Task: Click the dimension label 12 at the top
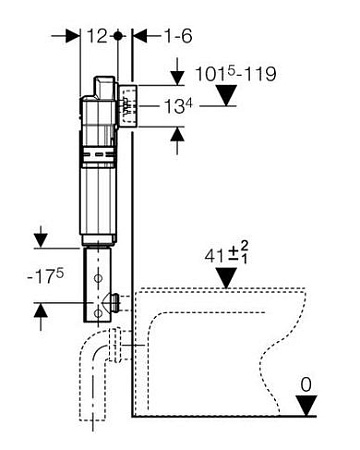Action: pyautogui.click(x=97, y=36)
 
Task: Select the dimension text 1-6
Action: pyautogui.click(x=178, y=36)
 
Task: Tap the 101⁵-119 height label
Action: pyautogui.click(x=235, y=74)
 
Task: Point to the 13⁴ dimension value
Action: pyautogui.click(x=178, y=107)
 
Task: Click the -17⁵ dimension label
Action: pyautogui.click(x=45, y=276)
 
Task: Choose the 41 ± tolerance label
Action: pyautogui.click(x=226, y=253)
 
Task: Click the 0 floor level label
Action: pyautogui.click(x=306, y=385)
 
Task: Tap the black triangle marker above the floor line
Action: pyautogui.click(x=306, y=405)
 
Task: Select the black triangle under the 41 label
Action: pyautogui.click(x=226, y=277)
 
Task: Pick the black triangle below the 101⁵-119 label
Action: pyautogui.click(x=226, y=95)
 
